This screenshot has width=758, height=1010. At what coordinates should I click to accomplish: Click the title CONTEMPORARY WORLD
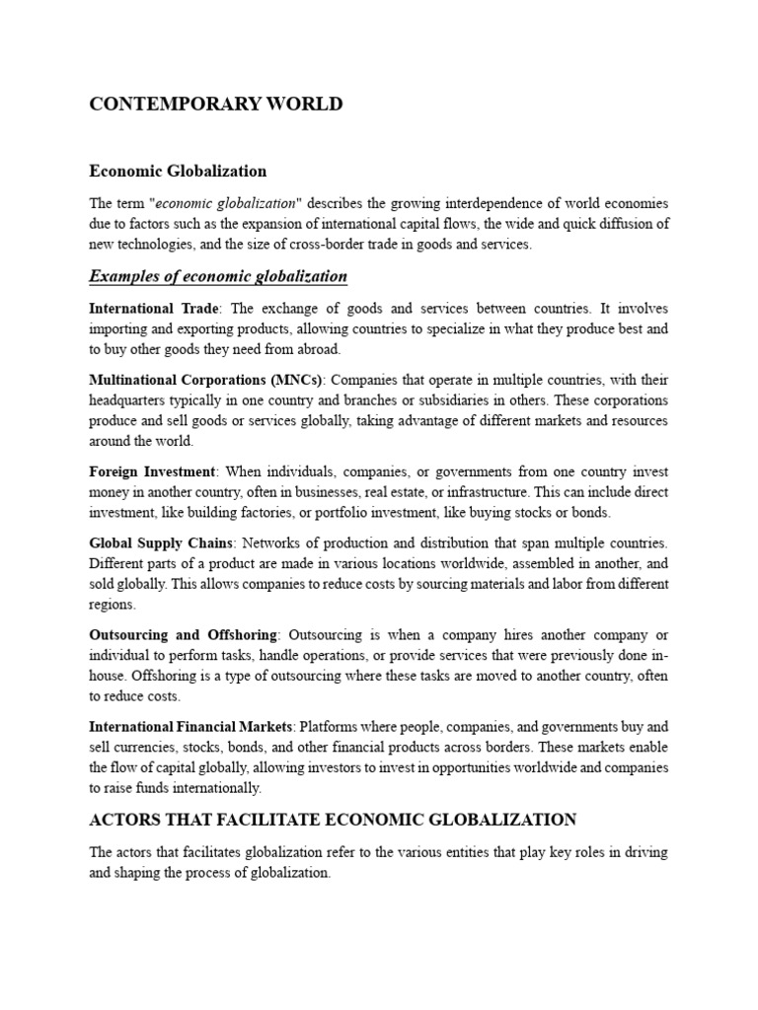tap(216, 105)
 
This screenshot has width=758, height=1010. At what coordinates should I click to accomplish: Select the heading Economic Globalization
tap(178, 171)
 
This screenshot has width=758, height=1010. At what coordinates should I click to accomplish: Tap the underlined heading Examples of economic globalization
tap(218, 275)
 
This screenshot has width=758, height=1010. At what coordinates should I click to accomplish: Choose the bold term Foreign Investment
tap(153, 472)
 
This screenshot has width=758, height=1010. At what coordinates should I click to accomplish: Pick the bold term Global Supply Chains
tap(161, 543)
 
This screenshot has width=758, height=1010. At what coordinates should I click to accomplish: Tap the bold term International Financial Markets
tap(190, 727)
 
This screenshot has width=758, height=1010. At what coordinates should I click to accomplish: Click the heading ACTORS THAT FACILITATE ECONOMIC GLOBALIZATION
tap(333, 820)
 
